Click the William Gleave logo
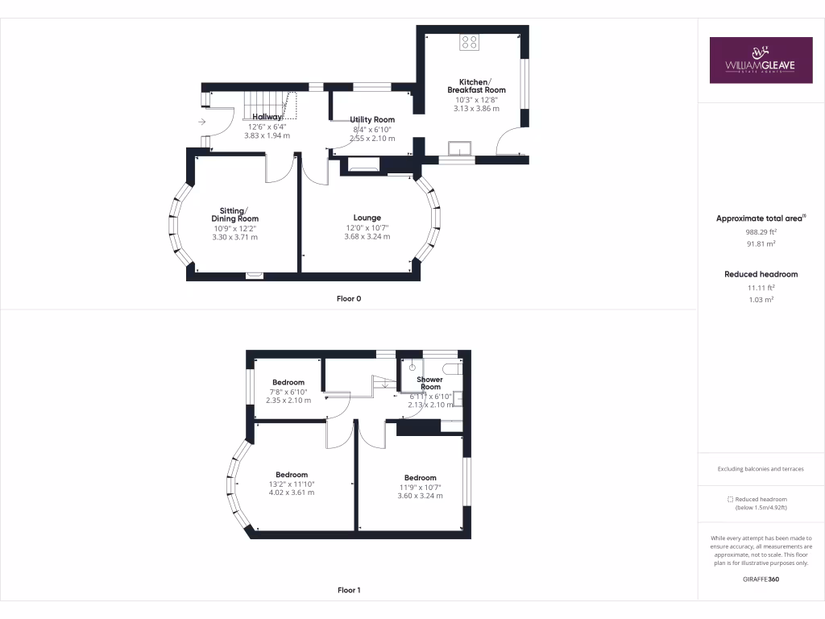tap(761, 60)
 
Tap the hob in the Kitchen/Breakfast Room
tap(469, 42)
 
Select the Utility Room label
tap(372, 119)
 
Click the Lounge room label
tap(367, 218)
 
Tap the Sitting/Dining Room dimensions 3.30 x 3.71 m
tap(234, 237)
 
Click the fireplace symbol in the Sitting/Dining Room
tap(255, 275)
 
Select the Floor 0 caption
tap(349, 299)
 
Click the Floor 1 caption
tap(349, 591)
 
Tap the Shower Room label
tap(429, 383)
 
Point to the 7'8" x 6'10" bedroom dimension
tap(288, 392)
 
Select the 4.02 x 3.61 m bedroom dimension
tap(291, 492)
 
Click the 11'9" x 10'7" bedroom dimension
tap(420, 487)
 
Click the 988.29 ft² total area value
tap(761, 232)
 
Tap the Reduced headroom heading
tap(761, 274)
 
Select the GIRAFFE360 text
tap(761, 580)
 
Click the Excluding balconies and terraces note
tap(761, 469)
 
